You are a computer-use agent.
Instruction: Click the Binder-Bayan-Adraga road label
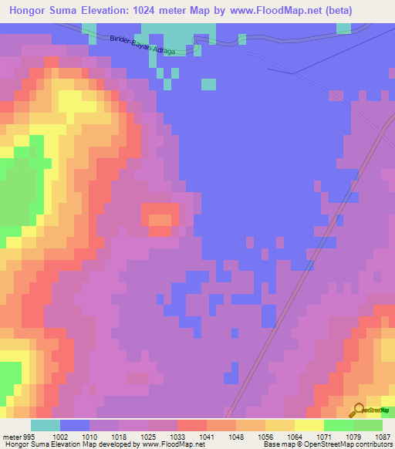[x=143, y=46]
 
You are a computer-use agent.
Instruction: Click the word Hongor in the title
[x=31, y=11]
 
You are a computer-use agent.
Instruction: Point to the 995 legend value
[x=29, y=437]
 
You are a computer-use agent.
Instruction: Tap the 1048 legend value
[x=235, y=437]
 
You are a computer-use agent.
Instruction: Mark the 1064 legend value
[x=294, y=437]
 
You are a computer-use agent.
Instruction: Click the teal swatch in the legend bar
[x=45, y=425]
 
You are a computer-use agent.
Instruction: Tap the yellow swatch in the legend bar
[x=309, y=425]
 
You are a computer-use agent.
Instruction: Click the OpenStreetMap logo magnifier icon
[x=358, y=410]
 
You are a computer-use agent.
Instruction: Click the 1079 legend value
[x=353, y=437]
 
